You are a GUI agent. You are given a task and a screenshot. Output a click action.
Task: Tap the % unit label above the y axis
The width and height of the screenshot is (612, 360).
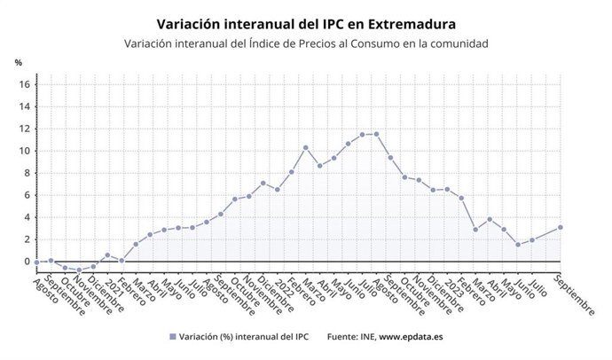[x=18, y=62]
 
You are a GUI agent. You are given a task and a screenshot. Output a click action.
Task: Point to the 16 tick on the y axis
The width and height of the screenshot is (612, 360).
[x=25, y=84]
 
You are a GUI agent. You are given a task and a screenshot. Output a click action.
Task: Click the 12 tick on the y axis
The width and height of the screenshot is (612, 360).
[x=25, y=129]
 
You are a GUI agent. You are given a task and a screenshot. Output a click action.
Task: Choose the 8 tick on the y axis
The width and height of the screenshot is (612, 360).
[x=27, y=173]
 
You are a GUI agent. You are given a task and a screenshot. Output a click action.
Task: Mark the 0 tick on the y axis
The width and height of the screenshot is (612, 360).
[x=27, y=262]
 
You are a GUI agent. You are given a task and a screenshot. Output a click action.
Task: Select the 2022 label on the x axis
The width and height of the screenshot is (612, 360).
[x=284, y=282]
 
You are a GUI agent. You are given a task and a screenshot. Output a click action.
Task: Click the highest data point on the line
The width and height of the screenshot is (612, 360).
[x=376, y=134]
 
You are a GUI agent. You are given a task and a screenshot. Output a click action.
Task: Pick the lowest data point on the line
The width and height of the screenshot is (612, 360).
[x=79, y=270]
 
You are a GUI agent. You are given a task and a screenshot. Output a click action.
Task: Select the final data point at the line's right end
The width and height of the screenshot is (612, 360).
[x=560, y=227]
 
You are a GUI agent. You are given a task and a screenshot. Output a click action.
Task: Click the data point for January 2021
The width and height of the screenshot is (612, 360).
[x=107, y=254]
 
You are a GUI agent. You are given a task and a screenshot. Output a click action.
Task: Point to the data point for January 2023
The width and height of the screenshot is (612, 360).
[x=447, y=189]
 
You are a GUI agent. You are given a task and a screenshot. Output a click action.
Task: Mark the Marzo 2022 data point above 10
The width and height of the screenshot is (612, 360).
[x=305, y=147]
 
